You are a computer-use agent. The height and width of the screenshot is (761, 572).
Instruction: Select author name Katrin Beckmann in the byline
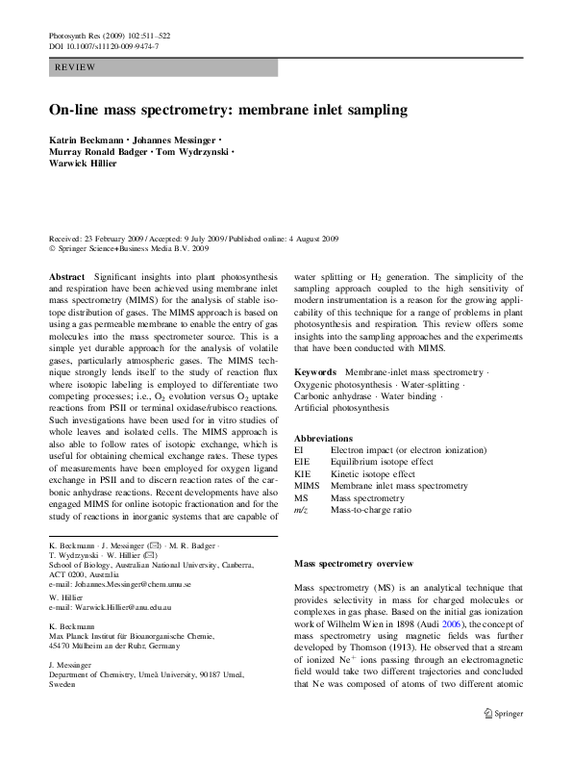[x=87, y=140]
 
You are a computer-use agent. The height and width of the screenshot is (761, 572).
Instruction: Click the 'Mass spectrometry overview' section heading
[x=353, y=563]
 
